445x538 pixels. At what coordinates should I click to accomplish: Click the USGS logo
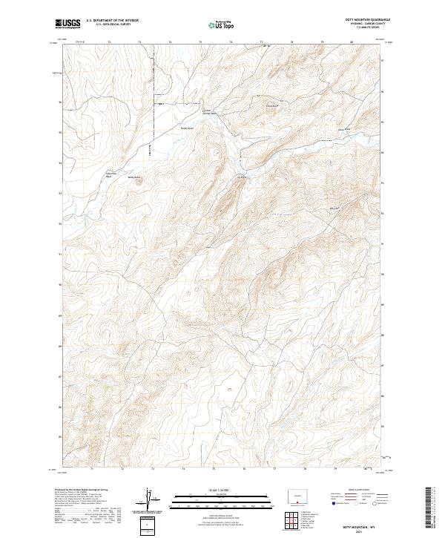point(67,24)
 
